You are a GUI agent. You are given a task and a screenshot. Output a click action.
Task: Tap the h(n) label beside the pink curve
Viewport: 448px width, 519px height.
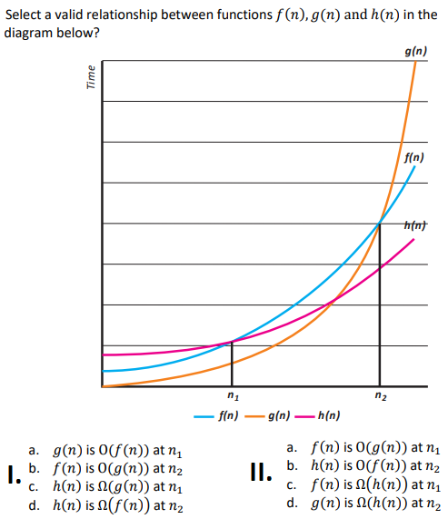[x=413, y=225]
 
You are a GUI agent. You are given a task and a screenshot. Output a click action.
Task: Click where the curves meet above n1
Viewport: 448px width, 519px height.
[x=232, y=342]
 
